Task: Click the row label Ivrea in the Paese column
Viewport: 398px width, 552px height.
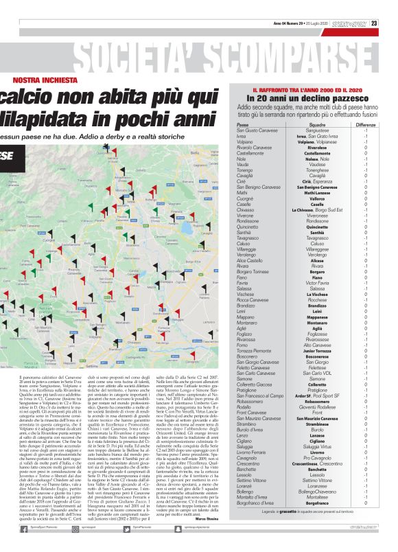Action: (242, 136)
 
